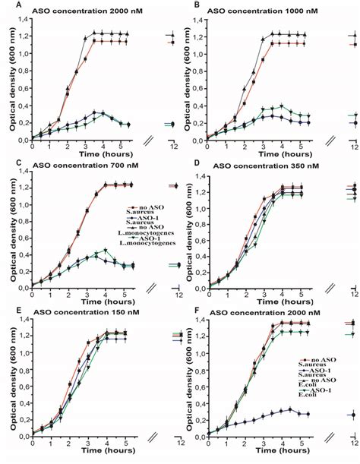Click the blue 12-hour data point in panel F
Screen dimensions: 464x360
(352, 415)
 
